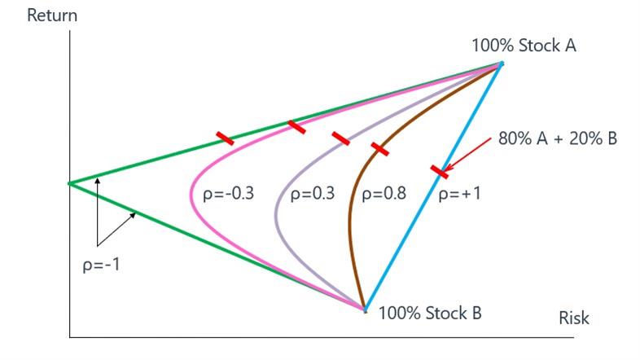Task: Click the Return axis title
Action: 52,15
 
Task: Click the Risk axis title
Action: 574,318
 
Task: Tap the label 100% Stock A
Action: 524,46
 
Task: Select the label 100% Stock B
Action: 430,313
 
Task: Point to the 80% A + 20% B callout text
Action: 558,138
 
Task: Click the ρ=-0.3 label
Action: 228,193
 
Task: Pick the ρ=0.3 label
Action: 312,193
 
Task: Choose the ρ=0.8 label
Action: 384,193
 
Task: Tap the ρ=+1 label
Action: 459,193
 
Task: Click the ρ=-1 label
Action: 101,265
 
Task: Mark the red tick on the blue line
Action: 440,172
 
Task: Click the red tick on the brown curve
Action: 380,149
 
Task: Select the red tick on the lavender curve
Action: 341,138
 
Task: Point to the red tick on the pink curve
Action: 296,127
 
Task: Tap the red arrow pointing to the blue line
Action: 467,155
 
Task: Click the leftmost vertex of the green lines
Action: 69,184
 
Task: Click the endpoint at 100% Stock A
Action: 502,64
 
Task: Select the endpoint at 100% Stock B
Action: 366,310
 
